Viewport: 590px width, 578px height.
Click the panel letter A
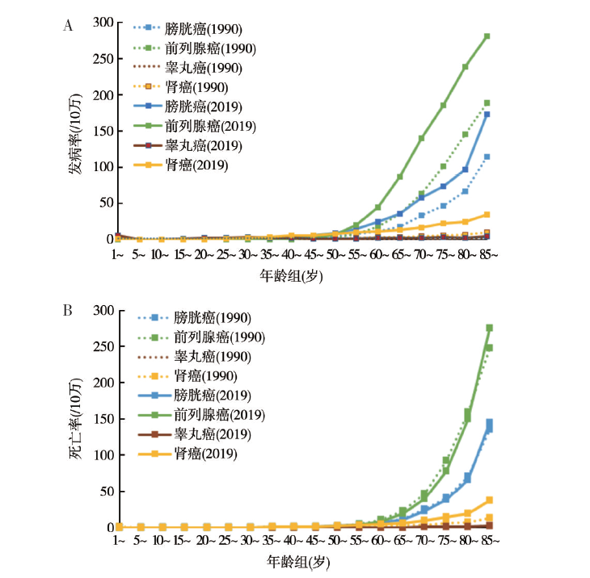coord(69,26)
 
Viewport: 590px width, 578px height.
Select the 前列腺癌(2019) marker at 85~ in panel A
coord(487,36)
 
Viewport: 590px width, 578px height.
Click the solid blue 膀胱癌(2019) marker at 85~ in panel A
coord(487,115)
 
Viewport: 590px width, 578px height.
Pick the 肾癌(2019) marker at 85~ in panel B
coord(489,500)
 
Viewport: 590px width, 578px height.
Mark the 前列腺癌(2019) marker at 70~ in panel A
coord(421,138)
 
